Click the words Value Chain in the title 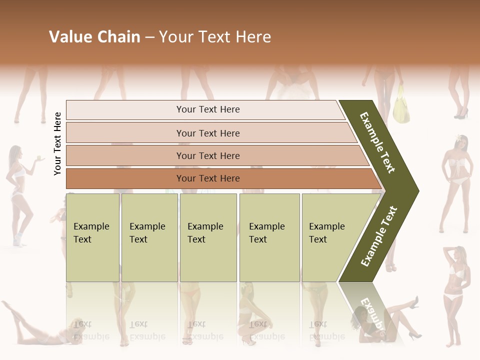coord(94,37)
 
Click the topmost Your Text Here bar coord(207,109)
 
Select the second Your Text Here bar coord(207,133)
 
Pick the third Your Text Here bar coord(207,155)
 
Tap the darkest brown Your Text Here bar coord(207,178)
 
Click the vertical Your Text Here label coord(57,143)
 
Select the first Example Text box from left coord(92,237)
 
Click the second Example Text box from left coord(149,237)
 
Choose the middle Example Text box coord(208,237)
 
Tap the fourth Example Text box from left coord(269,237)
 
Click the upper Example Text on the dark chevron coord(378,142)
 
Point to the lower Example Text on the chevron coord(379,236)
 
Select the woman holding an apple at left coord(19,190)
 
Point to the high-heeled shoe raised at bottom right coord(413,301)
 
